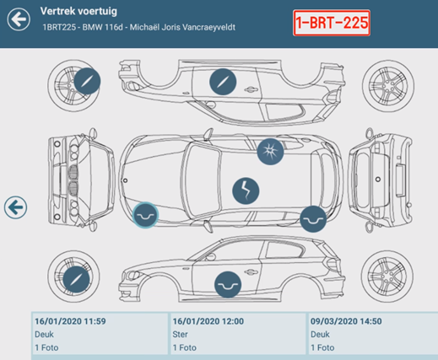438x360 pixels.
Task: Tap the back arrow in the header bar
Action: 19,19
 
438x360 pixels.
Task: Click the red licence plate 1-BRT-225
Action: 332,23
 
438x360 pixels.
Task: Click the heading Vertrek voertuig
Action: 78,11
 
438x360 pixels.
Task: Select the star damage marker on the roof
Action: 270,152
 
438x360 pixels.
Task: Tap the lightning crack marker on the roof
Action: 246,191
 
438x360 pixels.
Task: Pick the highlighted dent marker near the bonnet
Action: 145,215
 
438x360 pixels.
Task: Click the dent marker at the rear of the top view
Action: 313,219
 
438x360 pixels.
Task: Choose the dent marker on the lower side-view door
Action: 228,284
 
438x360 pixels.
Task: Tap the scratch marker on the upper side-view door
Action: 223,82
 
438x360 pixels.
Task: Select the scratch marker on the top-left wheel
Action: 87,81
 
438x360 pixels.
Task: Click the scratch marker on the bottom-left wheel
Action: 76,279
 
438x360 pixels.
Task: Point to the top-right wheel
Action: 388,86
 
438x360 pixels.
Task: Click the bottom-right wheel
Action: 387,277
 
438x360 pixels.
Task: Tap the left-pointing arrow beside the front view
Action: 15,207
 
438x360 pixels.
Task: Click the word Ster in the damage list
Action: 180,335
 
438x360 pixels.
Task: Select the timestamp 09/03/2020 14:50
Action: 346,321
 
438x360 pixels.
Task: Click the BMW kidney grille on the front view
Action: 73,180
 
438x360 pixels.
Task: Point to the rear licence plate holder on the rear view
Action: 399,180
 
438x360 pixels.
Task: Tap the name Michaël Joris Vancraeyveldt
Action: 182,27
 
